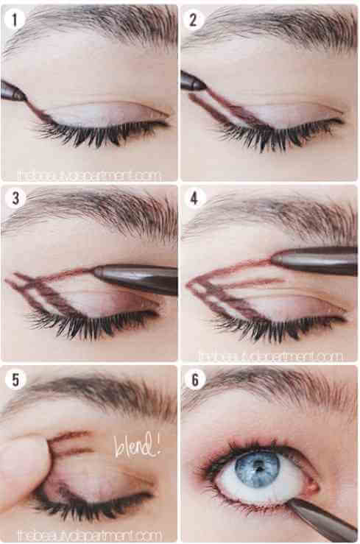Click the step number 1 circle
(15, 19)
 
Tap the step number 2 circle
(194, 19)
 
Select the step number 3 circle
(15, 199)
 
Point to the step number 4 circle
(194, 199)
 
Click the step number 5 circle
(15, 380)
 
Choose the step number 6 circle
(194, 380)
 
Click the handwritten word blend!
(137, 445)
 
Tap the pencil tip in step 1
(25, 99)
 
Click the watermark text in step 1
(90, 175)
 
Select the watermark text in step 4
(271, 356)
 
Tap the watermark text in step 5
(90, 535)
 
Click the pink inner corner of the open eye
(311, 487)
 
